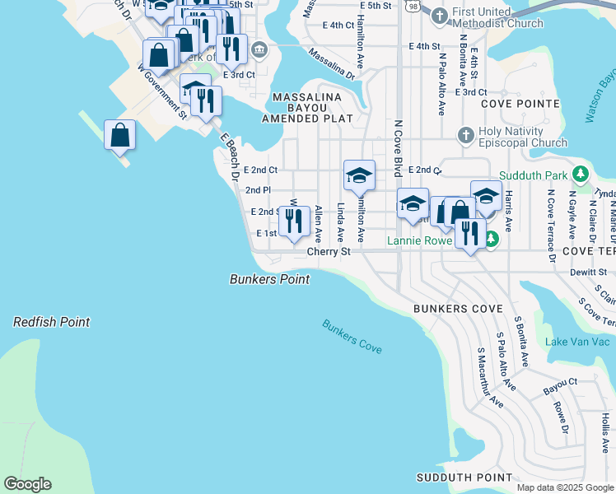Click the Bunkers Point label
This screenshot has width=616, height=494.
tap(269, 280)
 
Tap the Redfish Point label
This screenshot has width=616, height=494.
tap(51, 323)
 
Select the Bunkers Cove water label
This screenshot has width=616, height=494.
tap(352, 337)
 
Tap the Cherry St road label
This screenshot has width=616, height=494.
tap(329, 251)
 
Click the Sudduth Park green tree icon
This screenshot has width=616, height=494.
tap(581, 175)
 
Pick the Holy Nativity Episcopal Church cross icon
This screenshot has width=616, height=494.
tap(465, 134)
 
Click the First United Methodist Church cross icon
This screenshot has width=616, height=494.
tap(439, 14)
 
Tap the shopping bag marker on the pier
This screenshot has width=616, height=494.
tap(119, 135)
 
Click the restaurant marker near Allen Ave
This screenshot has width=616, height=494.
tap(294, 221)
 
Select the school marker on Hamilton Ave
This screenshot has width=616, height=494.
tap(359, 175)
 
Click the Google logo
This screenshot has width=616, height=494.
tap(27, 484)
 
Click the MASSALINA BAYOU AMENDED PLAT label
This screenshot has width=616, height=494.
tap(307, 108)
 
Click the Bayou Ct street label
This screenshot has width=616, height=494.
tap(560, 383)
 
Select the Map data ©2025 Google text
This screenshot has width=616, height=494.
tap(564, 487)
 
